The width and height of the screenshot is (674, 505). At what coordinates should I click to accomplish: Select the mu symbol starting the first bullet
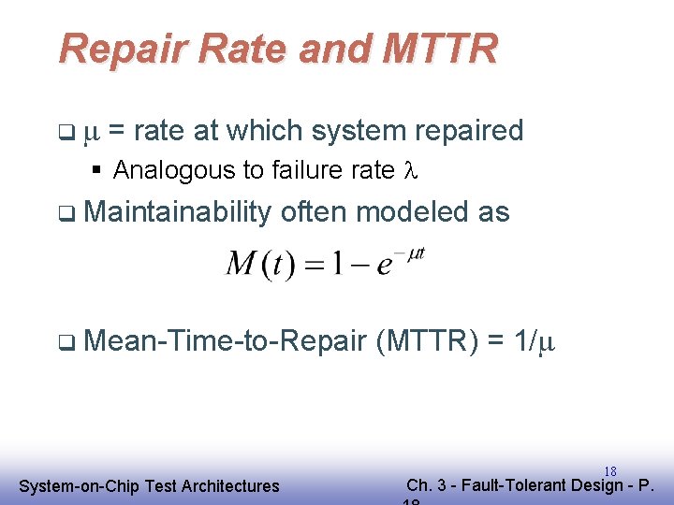point(91,132)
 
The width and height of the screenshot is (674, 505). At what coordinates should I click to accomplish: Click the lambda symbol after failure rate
point(407,170)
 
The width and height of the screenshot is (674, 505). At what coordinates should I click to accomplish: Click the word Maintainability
point(177,212)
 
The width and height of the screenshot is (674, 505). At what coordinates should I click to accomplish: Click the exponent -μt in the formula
point(412,253)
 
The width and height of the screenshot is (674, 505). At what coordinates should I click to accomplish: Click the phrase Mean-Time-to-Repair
point(224,342)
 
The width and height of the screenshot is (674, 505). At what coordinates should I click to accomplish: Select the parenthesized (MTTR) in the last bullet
point(426,342)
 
